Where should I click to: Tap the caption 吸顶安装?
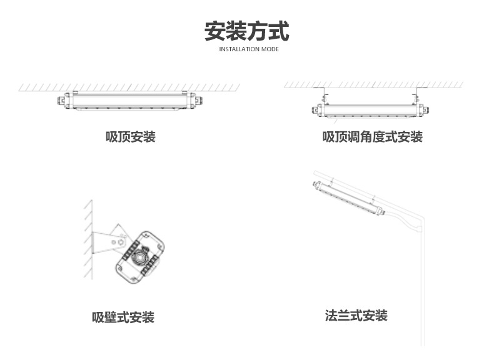point(130,136)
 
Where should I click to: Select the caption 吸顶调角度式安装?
point(372,136)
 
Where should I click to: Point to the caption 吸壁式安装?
point(123,317)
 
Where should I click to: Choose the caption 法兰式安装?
point(356,316)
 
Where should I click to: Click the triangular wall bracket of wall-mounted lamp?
point(106,241)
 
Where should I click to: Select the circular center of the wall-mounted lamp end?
point(143,255)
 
